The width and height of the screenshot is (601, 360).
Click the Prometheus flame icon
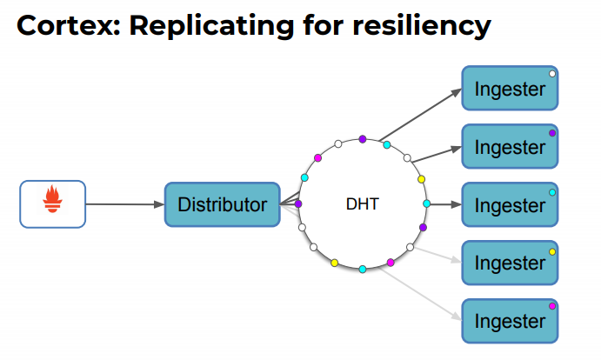pyautogui.click(x=52, y=199)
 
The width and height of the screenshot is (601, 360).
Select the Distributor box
pyautogui.click(x=223, y=204)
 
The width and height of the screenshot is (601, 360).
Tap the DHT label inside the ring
pyautogui.click(x=362, y=204)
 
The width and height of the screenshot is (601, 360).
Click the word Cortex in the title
pyautogui.click(x=69, y=26)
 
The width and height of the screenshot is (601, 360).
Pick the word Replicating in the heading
pyautogui.click(x=211, y=26)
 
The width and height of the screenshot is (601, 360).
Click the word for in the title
pyautogui.click(x=324, y=26)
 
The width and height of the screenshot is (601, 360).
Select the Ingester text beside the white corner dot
pyautogui.click(x=510, y=90)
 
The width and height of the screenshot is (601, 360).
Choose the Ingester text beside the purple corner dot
pyautogui.click(x=510, y=148)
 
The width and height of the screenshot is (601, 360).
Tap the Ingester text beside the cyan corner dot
pyautogui.click(x=510, y=206)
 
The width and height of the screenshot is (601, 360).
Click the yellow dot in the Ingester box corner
pyautogui.click(x=552, y=252)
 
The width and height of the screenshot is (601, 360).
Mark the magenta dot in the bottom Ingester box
pyautogui.click(x=552, y=306)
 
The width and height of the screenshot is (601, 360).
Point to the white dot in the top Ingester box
pyautogui.click(x=552, y=74)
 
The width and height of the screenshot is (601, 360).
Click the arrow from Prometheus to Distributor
pyautogui.click(x=125, y=204)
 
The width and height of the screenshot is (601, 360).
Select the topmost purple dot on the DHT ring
pyautogui.click(x=362, y=139)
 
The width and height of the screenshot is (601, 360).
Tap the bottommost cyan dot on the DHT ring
pyautogui.click(x=363, y=270)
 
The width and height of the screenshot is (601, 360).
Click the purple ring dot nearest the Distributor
pyautogui.click(x=297, y=204)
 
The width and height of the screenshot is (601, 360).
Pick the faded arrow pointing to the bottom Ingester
pyautogui.click(x=420, y=294)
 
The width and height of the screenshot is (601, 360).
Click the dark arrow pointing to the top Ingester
pyautogui.click(x=420, y=115)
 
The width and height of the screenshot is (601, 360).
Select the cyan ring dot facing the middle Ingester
pyautogui.click(x=426, y=204)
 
